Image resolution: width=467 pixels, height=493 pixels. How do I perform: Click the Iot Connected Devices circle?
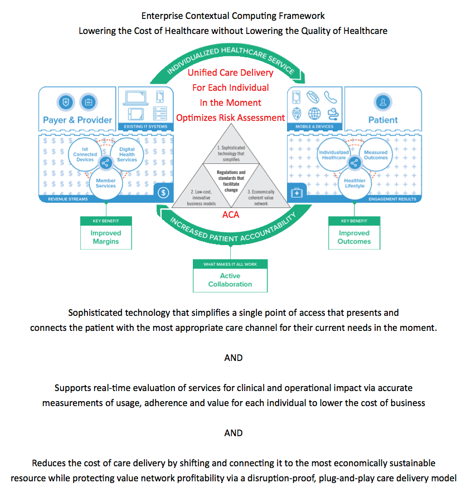85,154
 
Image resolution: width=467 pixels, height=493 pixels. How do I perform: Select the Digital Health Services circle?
127,154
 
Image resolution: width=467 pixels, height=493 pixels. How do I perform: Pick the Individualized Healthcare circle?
334,154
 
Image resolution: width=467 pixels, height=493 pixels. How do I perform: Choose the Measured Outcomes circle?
375,154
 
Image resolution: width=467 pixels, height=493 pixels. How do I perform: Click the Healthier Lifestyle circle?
354,182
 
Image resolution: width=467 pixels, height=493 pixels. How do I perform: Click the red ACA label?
230,214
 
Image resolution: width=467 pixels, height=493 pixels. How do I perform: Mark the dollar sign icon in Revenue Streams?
163,193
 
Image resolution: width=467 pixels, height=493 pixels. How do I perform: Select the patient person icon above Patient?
383,102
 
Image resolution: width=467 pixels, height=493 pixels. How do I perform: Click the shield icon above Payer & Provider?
66,102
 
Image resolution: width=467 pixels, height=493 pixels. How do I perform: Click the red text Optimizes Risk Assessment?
230,118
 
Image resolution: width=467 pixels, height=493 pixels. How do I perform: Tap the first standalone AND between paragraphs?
233,358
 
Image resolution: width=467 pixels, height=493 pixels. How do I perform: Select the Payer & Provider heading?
77,120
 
